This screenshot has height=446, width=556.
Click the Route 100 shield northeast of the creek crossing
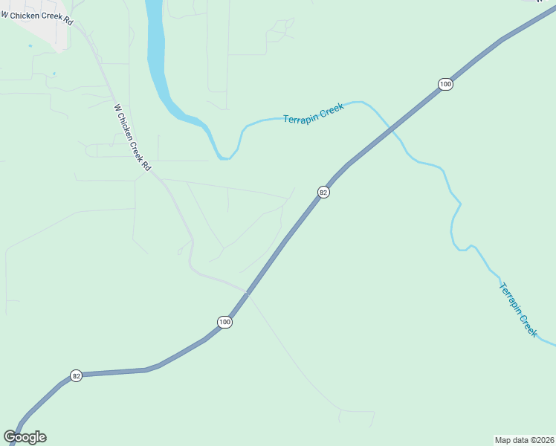445,84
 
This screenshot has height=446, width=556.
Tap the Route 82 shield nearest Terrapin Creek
323,192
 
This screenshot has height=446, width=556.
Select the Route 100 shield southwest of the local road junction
224,322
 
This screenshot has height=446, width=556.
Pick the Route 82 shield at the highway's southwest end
76,376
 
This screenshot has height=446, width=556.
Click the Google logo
25,437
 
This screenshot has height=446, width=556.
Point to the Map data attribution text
523,439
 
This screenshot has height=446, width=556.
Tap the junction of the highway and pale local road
246,292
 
